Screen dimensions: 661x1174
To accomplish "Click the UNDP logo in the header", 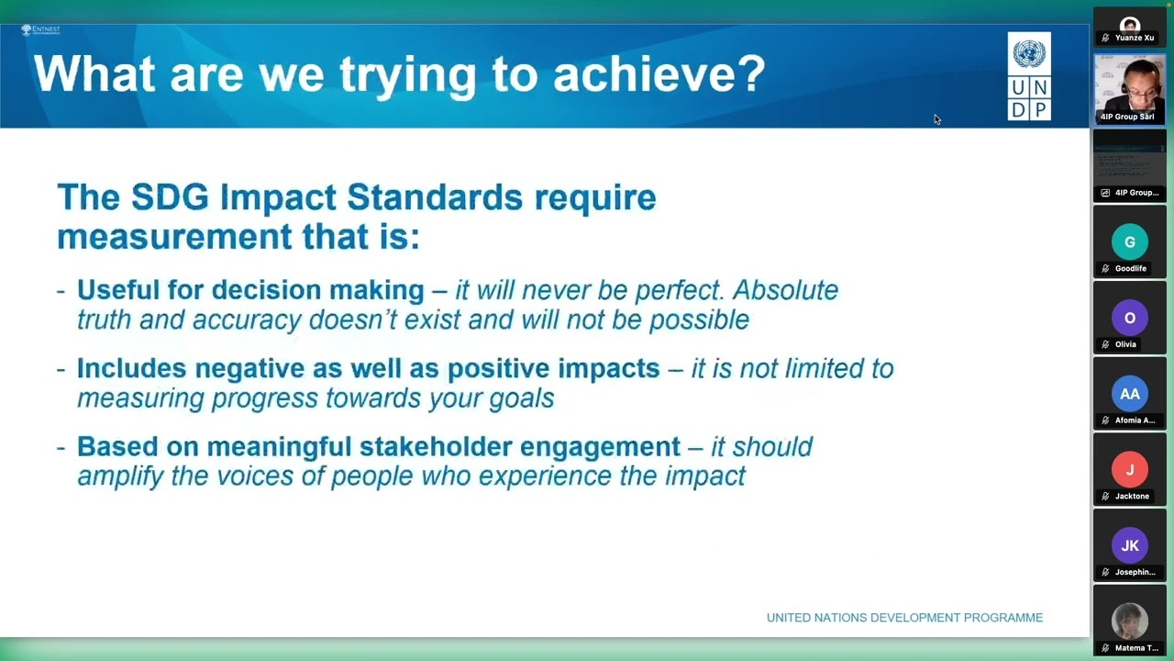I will tap(1029, 76).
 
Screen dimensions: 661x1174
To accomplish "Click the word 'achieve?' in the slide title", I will tap(659, 73).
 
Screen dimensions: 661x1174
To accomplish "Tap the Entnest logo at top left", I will tap(40, 30).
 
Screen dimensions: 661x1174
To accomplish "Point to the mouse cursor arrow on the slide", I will tap(936, 119).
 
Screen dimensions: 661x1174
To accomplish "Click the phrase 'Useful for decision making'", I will tap(250, 290).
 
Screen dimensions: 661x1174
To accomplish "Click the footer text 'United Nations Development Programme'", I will tap(904, 618).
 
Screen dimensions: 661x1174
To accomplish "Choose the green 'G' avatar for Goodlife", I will tap(1129, 242).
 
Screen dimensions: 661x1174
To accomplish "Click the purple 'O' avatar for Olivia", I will tap(1129, 318).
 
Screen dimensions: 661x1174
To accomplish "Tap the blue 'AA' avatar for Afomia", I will tap(1129, 394).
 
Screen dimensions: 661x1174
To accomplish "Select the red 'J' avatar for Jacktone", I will tap(1129, 470).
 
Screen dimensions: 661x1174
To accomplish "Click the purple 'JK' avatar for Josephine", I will tap(1129, 545).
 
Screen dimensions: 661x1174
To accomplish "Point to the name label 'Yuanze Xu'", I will tap(1135, 38).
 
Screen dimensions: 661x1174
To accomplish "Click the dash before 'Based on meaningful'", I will tap(61, 447).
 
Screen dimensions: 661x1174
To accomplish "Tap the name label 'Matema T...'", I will tap(1135, 648).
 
